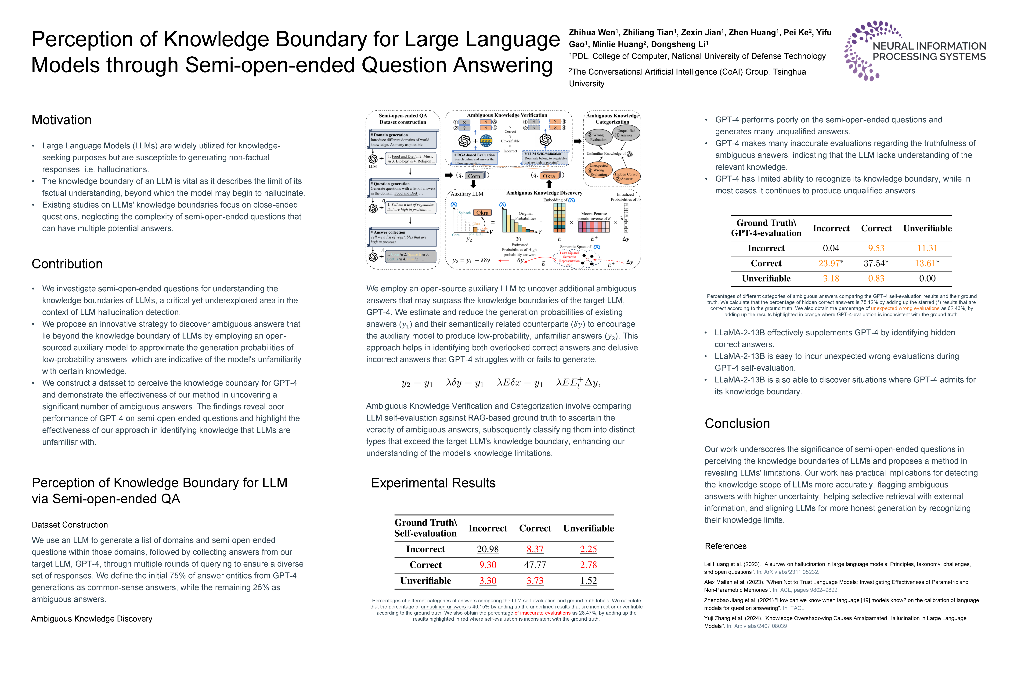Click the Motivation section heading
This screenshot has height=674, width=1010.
tap(61, 120)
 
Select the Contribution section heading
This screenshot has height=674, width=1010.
tap(67, 264)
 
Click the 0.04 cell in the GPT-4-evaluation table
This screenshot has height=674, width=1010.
tap(831, 249)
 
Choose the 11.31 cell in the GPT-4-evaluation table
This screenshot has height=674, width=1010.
tap(927, 249)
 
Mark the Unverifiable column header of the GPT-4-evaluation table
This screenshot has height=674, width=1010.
tap(927, 228)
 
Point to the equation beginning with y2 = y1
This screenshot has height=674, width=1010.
tap(501, 382)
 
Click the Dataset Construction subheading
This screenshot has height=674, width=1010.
tap(70, 525)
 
